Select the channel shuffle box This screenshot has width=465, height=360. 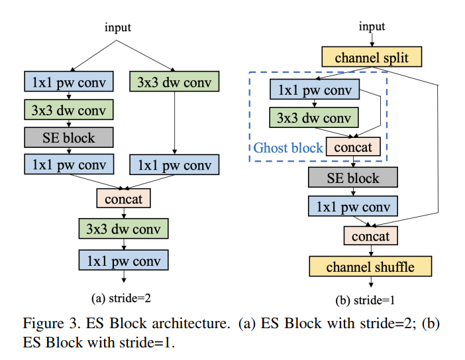[x=370, y=267]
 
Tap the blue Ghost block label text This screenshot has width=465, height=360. [x=288, y=147]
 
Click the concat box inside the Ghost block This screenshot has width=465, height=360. [x=353, y=147]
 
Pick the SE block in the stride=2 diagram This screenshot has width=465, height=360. [x=69, y=137]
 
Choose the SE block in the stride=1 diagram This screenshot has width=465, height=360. [x=353, y=177]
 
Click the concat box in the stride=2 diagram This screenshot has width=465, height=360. [x=124, y=198]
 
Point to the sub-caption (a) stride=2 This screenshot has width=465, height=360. [x=123, y=298]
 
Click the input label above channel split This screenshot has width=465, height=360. [x=371, y=27]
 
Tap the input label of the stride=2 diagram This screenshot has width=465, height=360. [x=118, y=27]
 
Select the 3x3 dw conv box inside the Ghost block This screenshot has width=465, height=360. [x=314, y=118]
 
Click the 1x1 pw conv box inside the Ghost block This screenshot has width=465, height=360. [x=314, y=90]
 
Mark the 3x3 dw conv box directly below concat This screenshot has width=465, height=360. [x=123, y=229]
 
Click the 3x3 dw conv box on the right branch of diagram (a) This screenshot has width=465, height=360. [x=174, y=82]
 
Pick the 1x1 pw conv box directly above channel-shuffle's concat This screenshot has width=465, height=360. [x=353, y=206]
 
